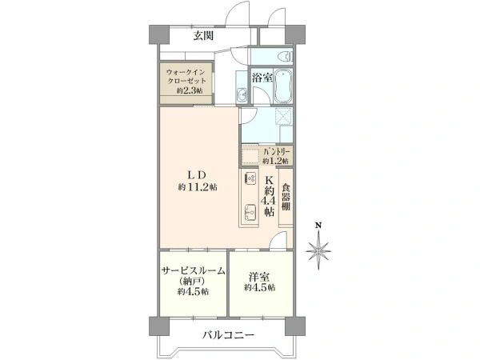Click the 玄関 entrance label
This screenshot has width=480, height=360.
tap(203, 37)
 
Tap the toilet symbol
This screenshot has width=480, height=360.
tap(284, 56)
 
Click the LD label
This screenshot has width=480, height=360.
tap(198, 175)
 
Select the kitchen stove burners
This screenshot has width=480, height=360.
tap(249, 179)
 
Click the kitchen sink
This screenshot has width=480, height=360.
tap(250, 211)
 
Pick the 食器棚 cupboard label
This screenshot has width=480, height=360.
tap(286, 199)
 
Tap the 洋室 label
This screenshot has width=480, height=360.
tap(257, 276)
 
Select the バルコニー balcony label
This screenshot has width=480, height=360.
tap(227, 334)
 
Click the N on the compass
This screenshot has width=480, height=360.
tap(318, 226)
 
